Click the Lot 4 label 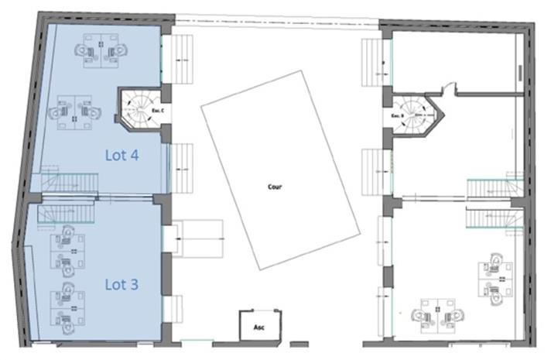[121, 155]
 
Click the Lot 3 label [121, 284]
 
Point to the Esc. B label [395, 116]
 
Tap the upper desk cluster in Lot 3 [68, 250]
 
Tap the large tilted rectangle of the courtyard [280, 170]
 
